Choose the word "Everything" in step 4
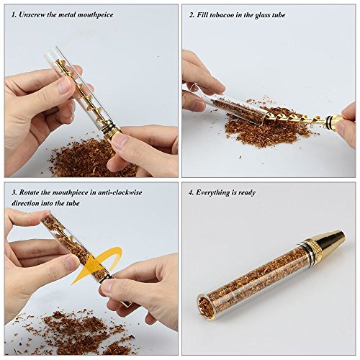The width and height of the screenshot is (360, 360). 212,193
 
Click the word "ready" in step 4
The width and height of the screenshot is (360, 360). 247,193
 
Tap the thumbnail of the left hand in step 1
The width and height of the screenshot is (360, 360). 64,86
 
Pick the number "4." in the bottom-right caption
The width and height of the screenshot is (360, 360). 191,193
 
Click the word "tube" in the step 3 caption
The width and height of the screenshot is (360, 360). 73,203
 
